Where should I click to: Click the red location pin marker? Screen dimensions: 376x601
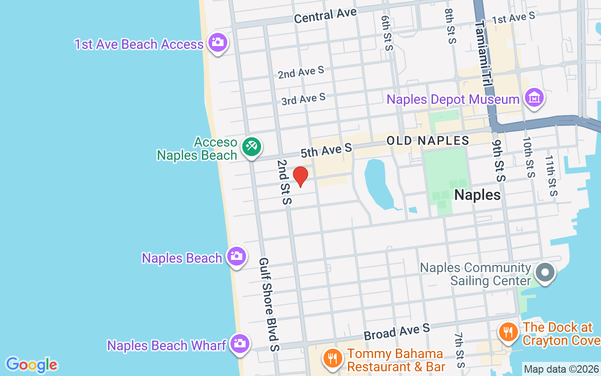(300, 176)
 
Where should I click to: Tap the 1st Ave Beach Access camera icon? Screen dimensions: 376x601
(217, 42)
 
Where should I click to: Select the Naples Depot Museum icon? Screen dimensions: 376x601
(535, 98)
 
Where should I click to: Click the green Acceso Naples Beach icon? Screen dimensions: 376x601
(251, 146)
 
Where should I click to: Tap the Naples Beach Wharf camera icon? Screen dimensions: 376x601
(239, 344)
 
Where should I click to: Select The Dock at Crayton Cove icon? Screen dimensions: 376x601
(508, 332)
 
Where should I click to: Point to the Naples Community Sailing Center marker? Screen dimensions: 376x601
(545, 272)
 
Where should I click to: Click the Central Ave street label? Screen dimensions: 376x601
(325, 16)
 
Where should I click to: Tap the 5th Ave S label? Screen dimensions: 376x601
(326, 150)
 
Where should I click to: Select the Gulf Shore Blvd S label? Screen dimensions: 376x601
(270, 304)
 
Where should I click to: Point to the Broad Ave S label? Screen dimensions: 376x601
(397, 332)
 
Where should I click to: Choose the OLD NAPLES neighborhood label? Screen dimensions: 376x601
(428, 140)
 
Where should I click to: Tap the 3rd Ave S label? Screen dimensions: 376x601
(303, 99)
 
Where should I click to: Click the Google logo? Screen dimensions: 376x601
(31, 365)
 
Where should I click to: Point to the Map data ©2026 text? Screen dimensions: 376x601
(562, 369)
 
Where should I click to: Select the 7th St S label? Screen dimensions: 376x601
(459, 351)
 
